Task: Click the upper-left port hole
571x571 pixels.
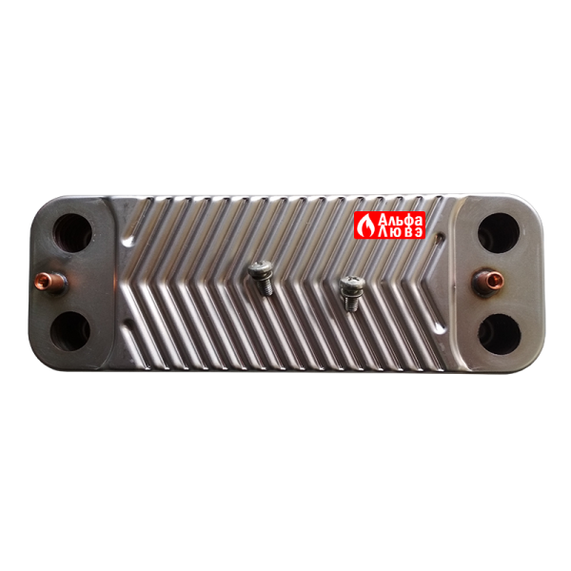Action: click(x=73, y=233)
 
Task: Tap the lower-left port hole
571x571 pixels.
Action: click(x=70, y=331)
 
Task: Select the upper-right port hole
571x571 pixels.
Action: click(x=499, y=233)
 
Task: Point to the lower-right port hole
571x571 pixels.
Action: click(x=500, y=334)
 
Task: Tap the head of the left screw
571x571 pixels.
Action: click(x=261, y=270)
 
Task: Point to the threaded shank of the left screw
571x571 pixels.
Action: click(x=266, y=287)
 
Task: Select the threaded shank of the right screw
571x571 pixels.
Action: click(x=350, y=303)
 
